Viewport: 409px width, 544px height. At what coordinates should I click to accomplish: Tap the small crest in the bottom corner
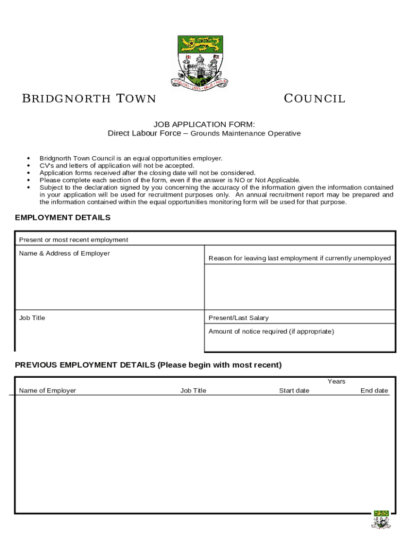381,520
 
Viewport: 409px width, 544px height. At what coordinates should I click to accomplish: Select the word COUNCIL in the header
314,98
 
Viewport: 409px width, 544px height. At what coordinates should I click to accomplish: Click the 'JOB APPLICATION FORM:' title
204,124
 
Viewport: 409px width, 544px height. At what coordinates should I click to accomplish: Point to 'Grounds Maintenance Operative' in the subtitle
245,133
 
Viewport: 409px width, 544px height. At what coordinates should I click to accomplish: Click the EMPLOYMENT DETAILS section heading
63,217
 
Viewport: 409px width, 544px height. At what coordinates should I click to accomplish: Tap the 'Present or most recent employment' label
73,240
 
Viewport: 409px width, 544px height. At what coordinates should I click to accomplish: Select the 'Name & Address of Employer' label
64,253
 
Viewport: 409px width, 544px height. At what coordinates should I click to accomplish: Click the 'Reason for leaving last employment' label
300,258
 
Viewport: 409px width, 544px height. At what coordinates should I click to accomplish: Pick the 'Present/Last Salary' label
238,318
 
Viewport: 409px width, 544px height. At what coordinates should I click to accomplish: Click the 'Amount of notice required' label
271,331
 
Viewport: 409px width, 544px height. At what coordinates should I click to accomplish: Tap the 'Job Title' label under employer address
32,318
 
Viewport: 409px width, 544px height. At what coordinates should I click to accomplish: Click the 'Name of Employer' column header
47,390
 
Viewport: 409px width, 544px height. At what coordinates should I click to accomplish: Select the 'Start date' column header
294,390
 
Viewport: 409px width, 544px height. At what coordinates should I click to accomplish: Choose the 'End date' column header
374,390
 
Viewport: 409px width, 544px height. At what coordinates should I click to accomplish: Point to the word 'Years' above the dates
336,381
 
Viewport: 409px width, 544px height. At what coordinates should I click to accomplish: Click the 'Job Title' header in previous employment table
193,390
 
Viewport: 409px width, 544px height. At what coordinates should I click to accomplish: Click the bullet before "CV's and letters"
28,166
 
